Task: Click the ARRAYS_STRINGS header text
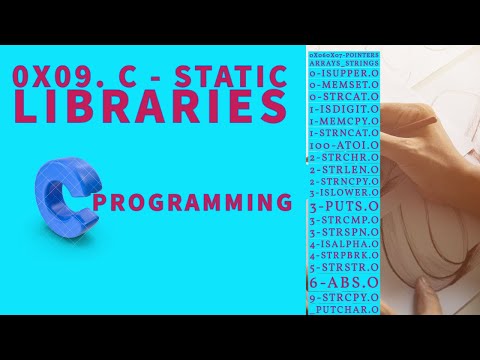[342, 62]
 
